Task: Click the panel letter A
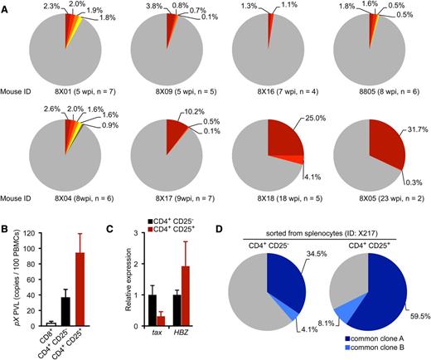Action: coord(6,6)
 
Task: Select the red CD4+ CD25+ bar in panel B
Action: coord(80,299)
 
